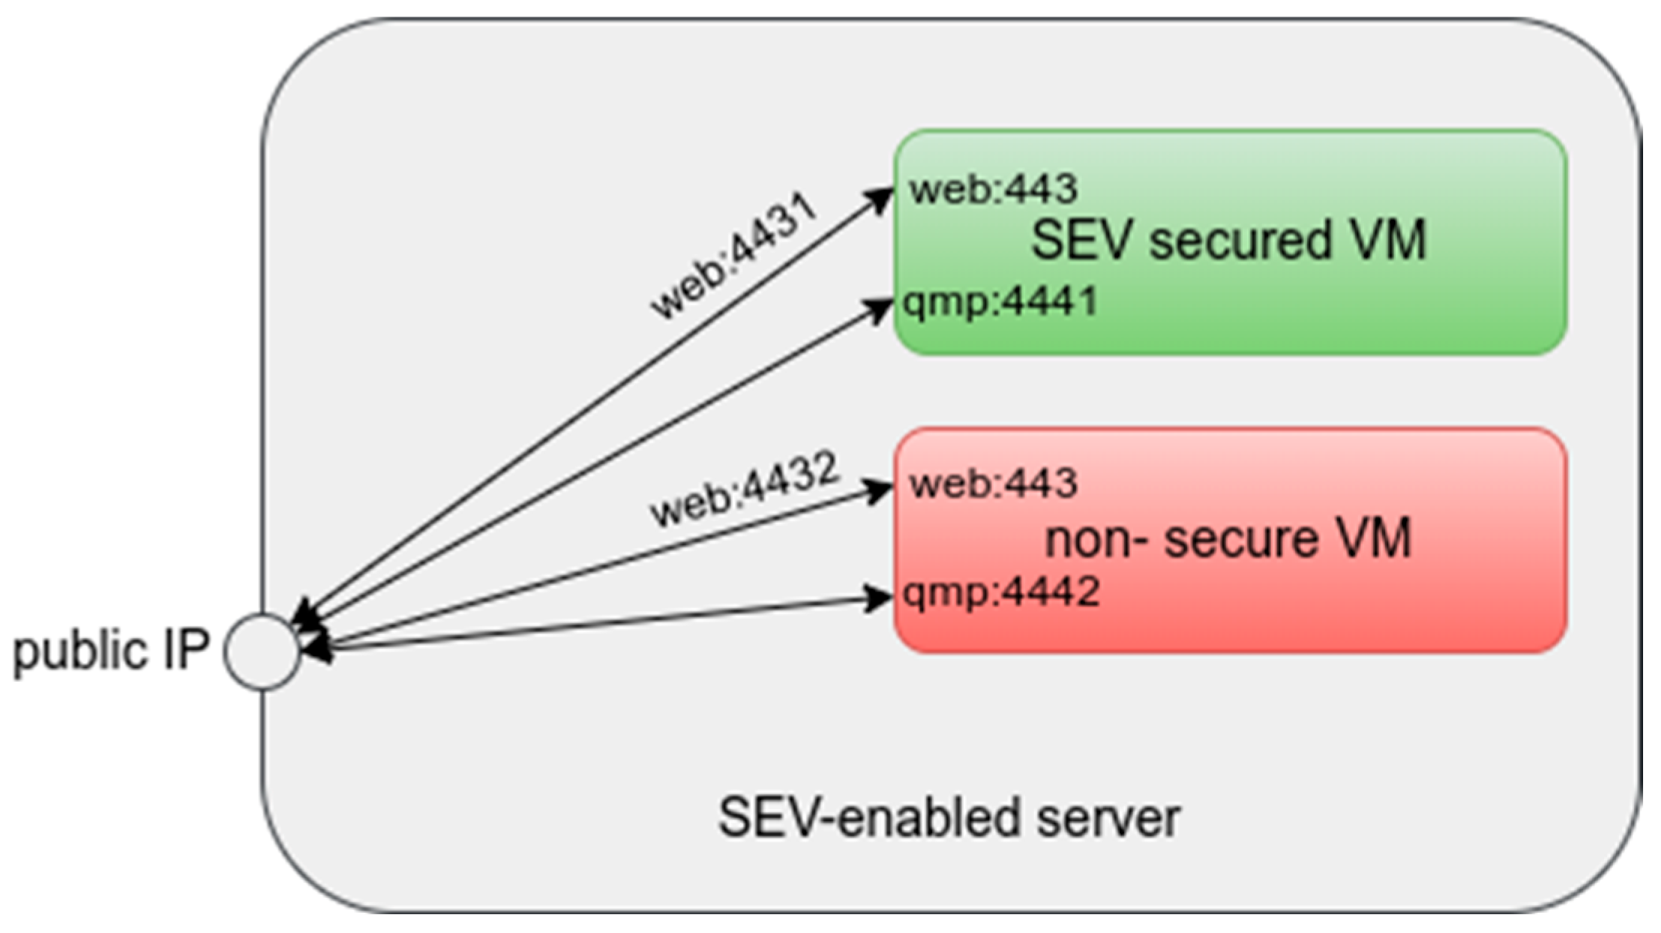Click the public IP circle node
[261, 651]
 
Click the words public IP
[111, 651]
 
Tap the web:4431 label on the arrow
[733, 256]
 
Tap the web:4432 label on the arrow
[742, 488]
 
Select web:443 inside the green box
[994, 189]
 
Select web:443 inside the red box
[994, 484]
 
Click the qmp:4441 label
[1000, 302]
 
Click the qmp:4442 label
[1001, 592]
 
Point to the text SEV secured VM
[1228, 241]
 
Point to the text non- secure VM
[1228, 538]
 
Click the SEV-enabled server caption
[949, 817]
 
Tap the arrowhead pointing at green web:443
[879, 198]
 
